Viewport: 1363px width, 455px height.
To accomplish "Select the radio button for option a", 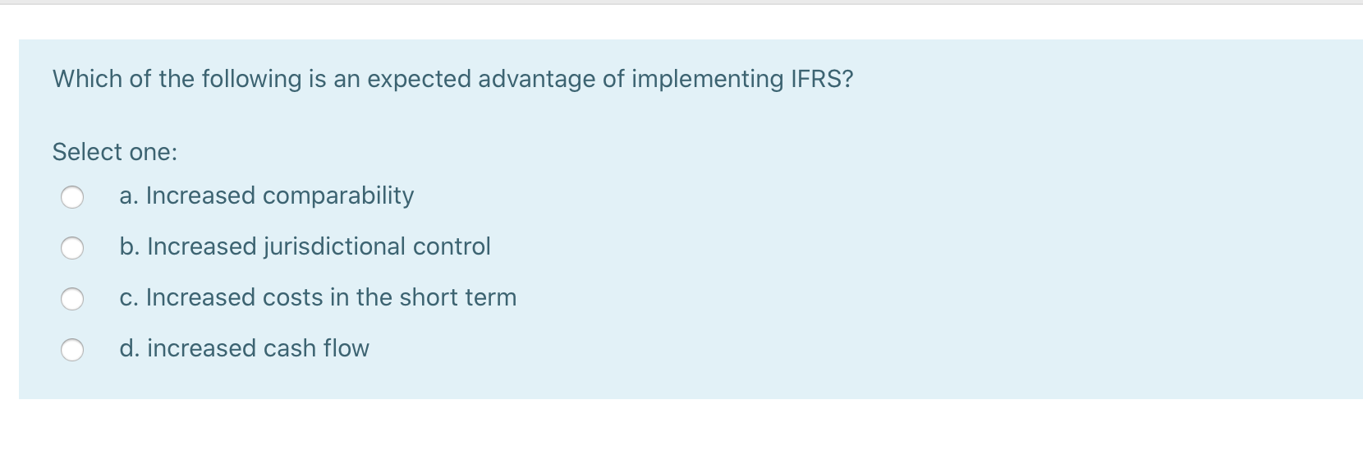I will (72, 197).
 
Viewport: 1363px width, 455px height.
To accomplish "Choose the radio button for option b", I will (72, 248).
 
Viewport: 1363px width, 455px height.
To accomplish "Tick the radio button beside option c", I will (72, 299).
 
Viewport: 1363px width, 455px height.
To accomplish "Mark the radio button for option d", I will (72, 350).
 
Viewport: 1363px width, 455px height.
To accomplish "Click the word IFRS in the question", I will (821, 79).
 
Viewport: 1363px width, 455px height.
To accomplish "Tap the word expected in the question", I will (419, 79).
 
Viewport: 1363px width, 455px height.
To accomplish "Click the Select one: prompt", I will (115, 152).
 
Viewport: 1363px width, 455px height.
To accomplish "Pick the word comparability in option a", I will (338, 195).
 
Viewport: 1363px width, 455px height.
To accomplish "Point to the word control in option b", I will (452, 246).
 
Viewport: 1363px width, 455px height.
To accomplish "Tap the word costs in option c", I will (292, 297).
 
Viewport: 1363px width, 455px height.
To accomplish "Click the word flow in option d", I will (346, 348).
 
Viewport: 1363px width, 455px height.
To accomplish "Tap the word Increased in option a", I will (200, 195).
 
